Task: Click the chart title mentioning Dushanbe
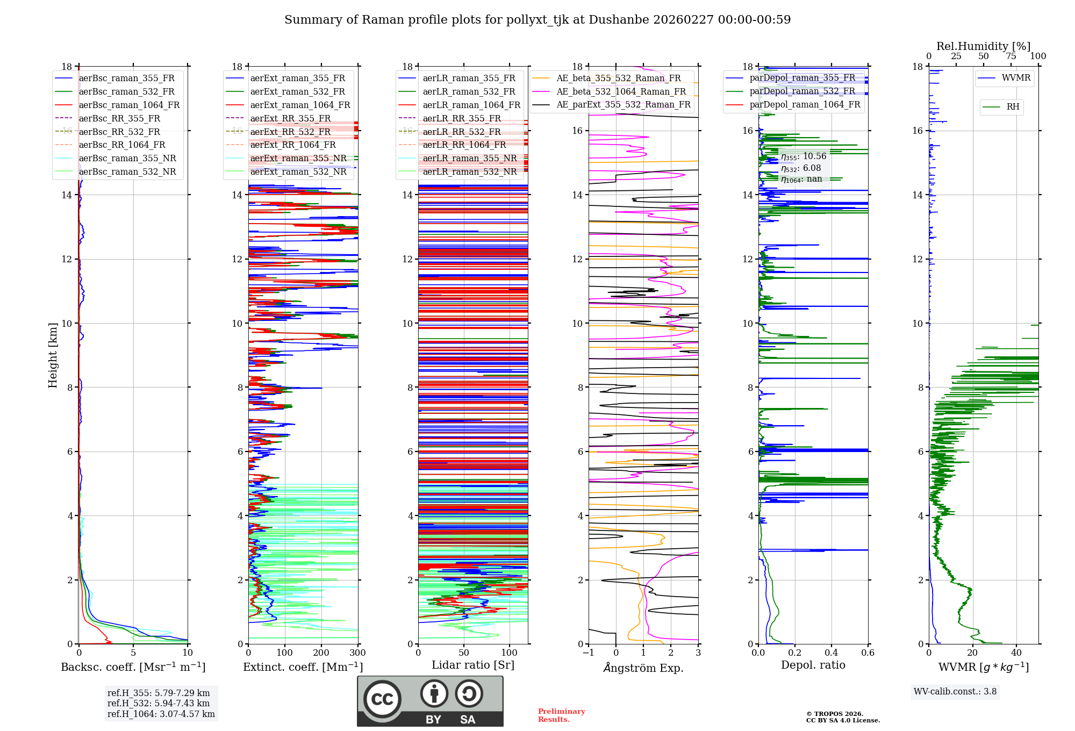coord(537,20)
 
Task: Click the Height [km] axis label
coord(53,355)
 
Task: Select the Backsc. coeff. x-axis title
coord(133,667)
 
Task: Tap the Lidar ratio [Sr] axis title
coord(473,665)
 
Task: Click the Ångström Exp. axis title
coord(643,668)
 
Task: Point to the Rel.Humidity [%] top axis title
coord(983,46)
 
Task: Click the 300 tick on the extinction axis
coord(357,653)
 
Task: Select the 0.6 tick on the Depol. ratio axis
coord(868,653)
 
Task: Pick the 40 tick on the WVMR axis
coord(1016,653)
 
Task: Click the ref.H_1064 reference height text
coord(161,714)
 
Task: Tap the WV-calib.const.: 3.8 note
coord(955,692)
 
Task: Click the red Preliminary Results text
coord(561,715)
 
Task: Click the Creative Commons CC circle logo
coord(382,699)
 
